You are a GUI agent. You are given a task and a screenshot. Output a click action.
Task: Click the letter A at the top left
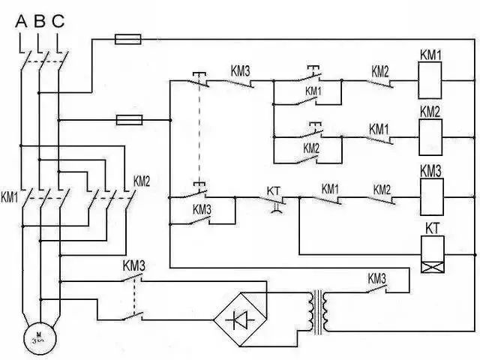(22, 21)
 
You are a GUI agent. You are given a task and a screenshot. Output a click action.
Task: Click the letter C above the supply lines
(58, 21)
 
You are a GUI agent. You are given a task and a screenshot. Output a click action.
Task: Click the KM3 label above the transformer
(376, 277)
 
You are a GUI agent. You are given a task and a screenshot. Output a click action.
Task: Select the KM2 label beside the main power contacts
(142, 181)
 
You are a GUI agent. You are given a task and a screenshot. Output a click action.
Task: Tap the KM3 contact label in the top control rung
(239, 72)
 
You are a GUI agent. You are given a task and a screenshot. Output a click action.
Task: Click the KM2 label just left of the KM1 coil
(379, 72)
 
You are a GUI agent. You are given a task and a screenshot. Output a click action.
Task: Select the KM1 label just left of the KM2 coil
(379, 129)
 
